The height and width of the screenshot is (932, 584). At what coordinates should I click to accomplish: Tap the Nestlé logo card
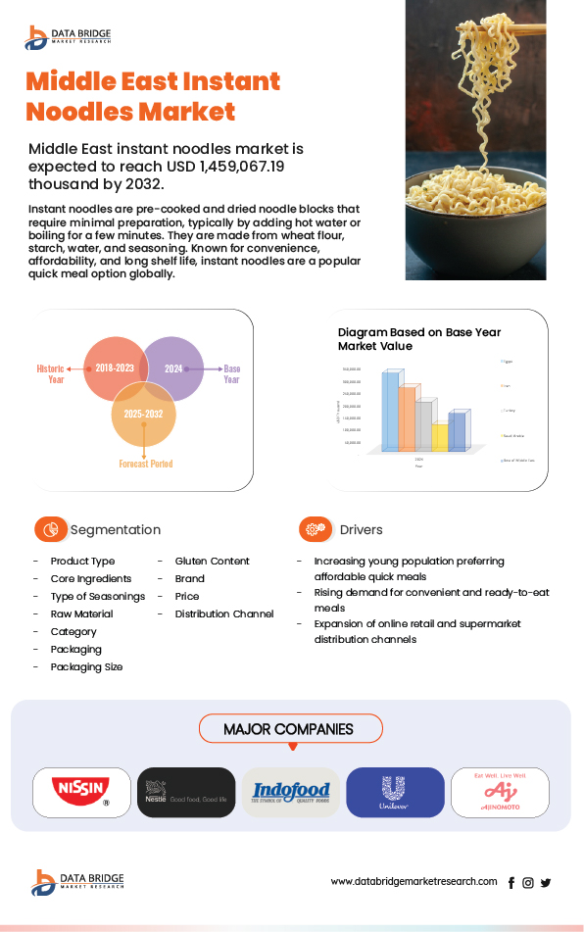click(x=186, y=792)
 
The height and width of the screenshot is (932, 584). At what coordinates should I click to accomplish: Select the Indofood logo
click(x=291, y=792)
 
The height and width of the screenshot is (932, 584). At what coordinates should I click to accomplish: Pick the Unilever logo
click(x=395, y=792)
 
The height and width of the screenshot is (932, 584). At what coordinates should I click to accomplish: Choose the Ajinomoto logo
click(x=500, y=792)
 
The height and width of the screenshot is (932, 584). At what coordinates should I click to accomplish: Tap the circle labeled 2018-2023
click(x=116, y=368)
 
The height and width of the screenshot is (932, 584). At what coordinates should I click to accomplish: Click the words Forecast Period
click(x=146, y=464)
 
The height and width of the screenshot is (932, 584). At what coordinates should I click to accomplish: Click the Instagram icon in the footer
click(x=528, y=882)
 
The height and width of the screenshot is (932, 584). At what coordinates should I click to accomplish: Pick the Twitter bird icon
click(x=546, y=882)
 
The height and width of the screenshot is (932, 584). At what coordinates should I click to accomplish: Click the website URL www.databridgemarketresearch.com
click(x=414, y=881)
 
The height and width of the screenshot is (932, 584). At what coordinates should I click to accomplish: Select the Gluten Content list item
click(x=212, y=561)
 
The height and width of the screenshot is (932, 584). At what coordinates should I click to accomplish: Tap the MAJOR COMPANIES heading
click(x=288, y=729)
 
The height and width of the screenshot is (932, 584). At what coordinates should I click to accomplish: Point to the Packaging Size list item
click(x=86, y=666)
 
